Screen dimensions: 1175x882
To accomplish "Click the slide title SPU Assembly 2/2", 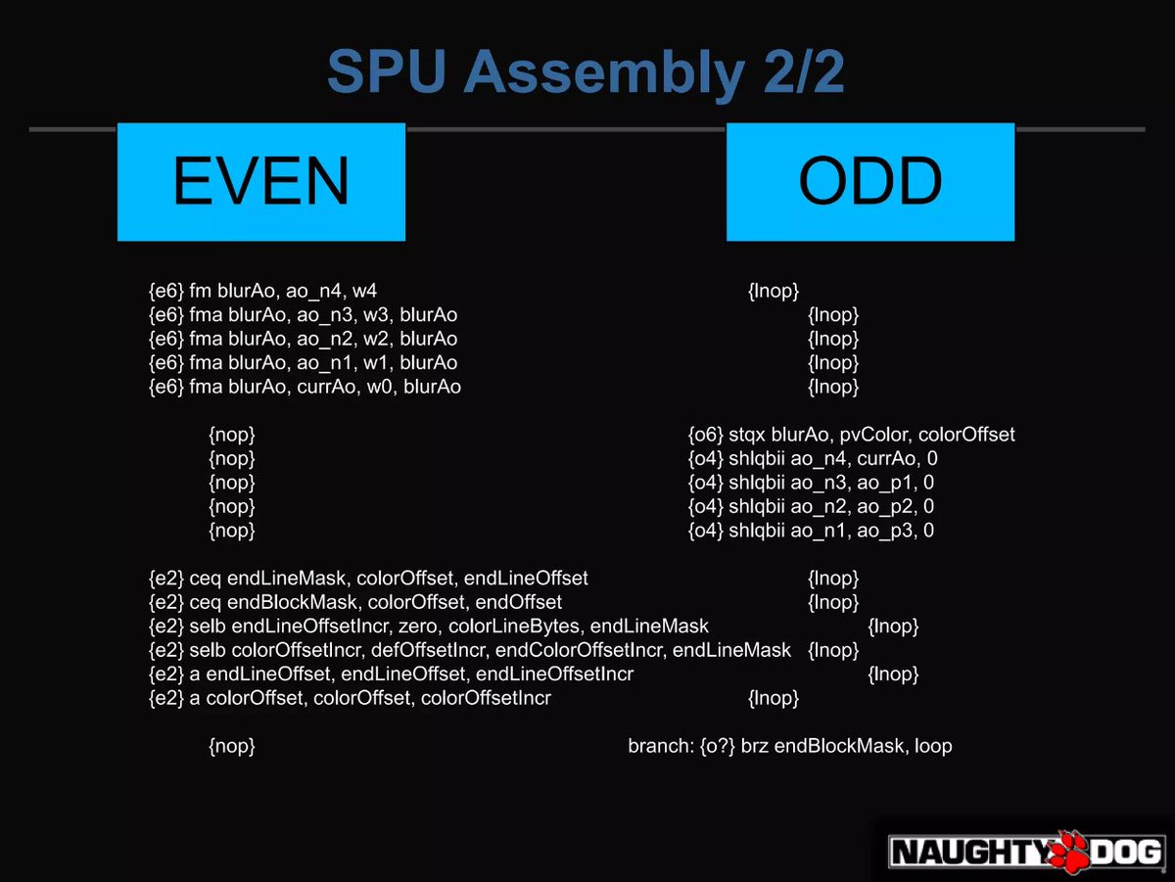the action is tap(586, 71).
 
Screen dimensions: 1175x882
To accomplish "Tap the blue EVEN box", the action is tap(260, 181).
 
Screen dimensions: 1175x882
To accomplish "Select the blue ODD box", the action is tap(869, 181).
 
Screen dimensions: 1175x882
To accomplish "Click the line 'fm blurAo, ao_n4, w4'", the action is tap(262, 291).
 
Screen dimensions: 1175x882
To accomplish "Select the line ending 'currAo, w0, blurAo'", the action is tap(304, 387).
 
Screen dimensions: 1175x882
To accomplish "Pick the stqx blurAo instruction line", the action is tap(851, 435).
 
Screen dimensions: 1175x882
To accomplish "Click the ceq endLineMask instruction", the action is tap(367, 579).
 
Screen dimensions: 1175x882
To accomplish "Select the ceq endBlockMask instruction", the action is tap(354, 602).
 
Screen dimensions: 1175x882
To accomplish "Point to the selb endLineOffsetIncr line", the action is tap(428, 626).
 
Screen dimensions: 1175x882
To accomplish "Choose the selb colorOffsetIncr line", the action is tap(469, 650).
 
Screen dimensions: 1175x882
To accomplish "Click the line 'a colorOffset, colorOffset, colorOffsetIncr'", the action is tap(349, 698).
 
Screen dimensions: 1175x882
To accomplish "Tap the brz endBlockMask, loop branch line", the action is tap(790, 746).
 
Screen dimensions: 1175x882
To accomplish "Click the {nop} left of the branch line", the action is tap(232, 746).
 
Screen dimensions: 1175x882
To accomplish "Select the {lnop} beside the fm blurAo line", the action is tap(774, 291).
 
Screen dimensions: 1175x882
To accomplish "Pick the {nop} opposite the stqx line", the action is tap(232, 435).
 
